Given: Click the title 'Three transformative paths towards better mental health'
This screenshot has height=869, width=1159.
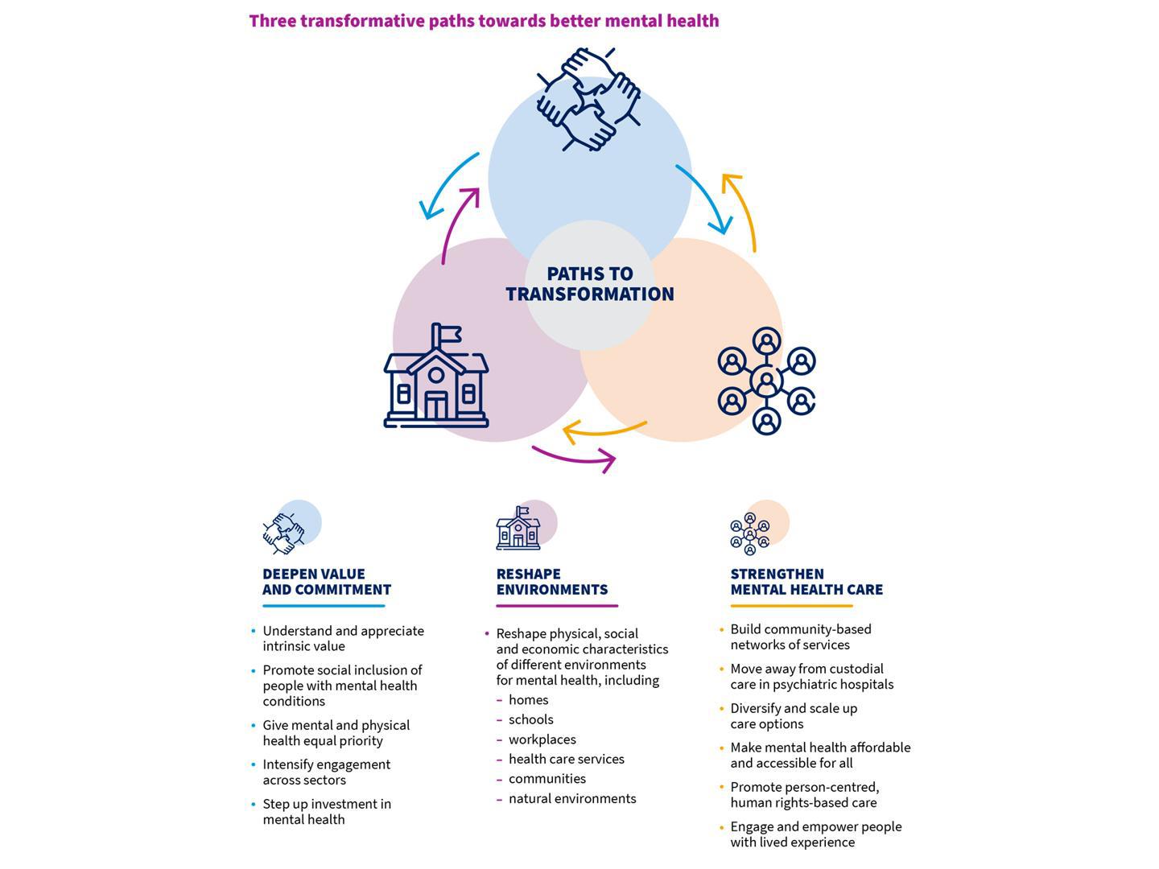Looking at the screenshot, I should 484,21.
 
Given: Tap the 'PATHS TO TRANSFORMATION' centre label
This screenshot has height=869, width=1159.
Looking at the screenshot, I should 590,284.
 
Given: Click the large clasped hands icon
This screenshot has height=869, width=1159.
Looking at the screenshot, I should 588,99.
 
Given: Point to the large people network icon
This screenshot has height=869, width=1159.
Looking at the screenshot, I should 766,381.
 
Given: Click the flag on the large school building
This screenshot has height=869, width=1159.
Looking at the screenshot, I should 446,333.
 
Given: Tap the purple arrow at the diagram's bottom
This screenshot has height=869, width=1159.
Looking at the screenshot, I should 575,458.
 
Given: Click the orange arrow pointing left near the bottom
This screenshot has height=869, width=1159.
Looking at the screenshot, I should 604,431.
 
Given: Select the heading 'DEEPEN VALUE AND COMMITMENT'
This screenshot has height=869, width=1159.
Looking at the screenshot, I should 326,582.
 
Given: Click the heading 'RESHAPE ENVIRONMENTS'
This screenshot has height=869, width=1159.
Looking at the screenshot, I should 551,582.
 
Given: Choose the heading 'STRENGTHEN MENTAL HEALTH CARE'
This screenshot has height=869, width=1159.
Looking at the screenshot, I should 806,582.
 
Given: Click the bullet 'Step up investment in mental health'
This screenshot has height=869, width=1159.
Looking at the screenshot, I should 326,812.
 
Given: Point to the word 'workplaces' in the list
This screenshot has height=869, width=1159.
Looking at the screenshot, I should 542,739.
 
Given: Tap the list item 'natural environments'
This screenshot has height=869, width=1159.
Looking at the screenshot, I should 571,799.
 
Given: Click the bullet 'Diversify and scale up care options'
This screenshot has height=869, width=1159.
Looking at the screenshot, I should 793,716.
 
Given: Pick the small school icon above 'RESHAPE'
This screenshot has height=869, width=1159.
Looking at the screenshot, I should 518,529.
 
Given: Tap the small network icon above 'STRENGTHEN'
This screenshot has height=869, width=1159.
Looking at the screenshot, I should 750,533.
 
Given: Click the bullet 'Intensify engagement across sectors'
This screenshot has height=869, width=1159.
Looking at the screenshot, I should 326,772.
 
